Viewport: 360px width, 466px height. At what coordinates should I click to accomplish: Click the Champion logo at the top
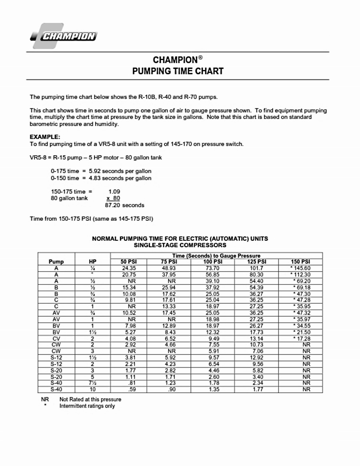64,36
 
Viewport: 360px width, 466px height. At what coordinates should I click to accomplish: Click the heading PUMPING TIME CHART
178,71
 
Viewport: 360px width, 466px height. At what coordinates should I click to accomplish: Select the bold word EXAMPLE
45,137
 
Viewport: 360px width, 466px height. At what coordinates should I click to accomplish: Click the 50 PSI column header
129,262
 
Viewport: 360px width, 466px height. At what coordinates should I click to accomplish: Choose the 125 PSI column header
257,262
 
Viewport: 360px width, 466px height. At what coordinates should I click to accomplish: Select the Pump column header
56,262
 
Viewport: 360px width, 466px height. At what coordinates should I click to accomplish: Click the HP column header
92,262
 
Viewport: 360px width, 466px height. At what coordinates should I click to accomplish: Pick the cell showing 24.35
129,268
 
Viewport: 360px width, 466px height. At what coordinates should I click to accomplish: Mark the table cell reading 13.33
169,306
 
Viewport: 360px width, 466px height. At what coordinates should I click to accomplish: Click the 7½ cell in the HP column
92,383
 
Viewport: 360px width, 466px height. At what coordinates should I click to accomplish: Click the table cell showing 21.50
302,332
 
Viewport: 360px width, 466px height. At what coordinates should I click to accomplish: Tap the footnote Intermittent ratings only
87,406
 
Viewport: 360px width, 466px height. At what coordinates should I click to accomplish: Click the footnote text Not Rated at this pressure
90,399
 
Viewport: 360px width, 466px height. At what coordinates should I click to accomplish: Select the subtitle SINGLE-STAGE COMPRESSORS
180,245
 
